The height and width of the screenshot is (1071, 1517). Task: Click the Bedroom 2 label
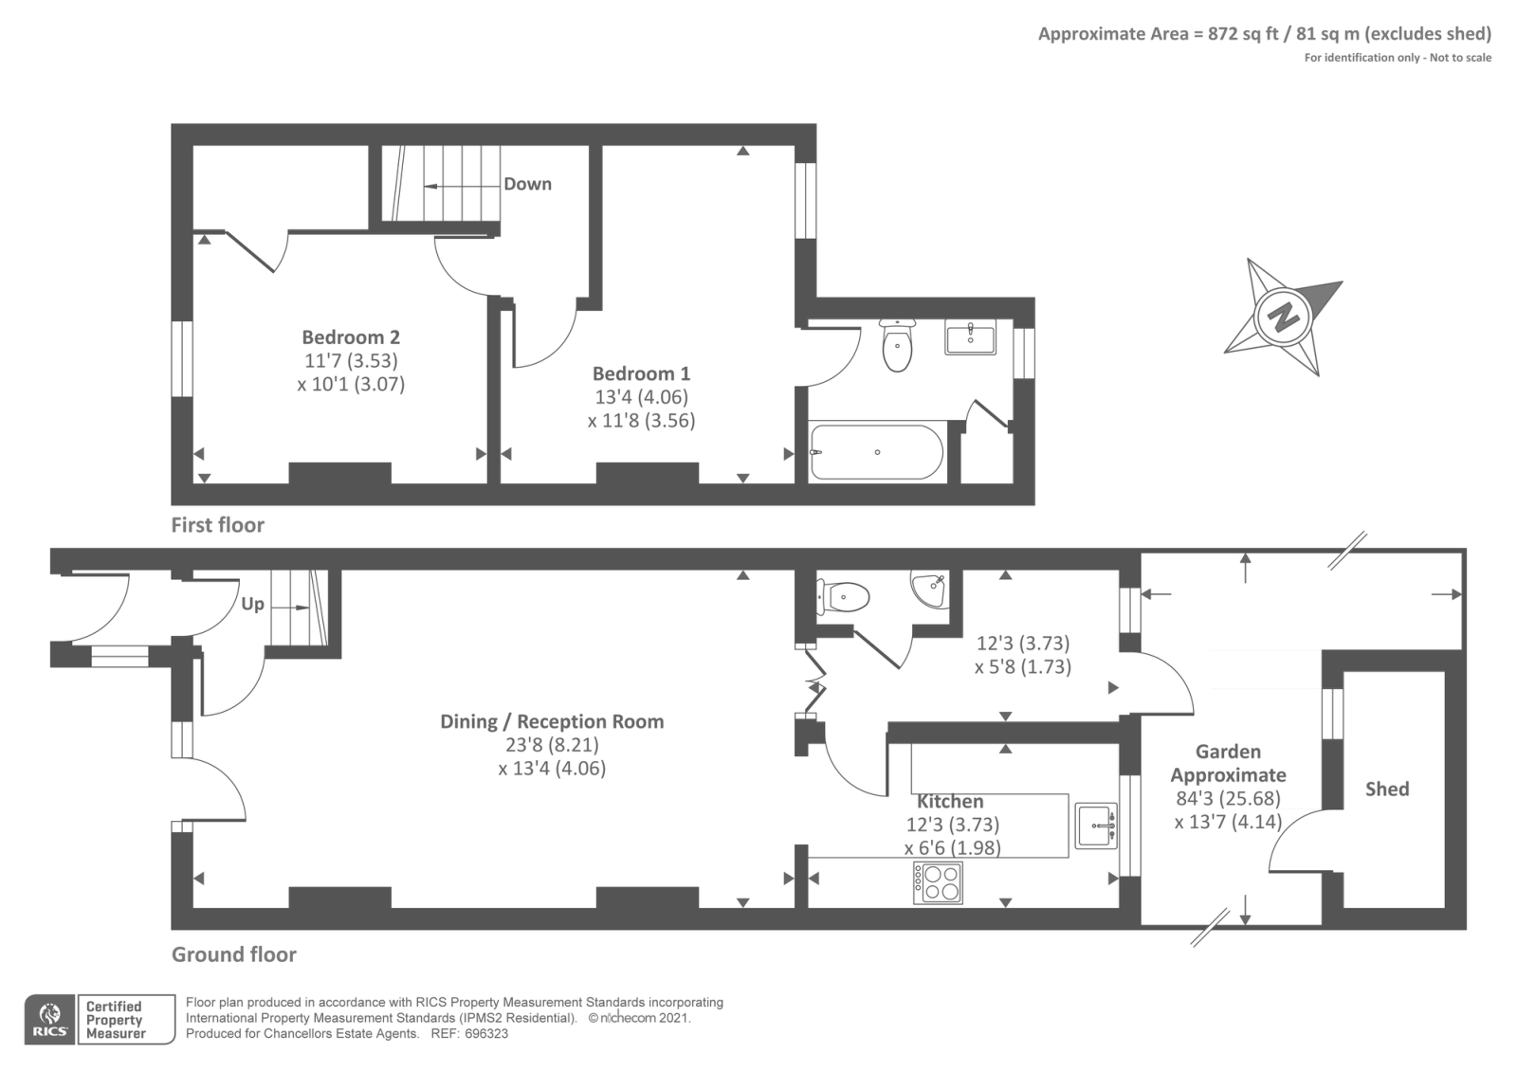(x=351, y=337)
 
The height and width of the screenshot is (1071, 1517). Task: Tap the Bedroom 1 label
(x=641, y=373)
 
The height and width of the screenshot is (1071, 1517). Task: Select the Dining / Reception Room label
(x=552, y=721)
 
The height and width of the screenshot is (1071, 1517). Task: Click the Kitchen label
(x=950, y=802)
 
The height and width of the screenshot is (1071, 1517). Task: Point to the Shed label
(x=1387, y=789)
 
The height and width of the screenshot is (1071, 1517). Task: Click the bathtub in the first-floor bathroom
(x=877, y=451)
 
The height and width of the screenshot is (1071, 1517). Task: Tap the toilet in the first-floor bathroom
(x=897, y=345)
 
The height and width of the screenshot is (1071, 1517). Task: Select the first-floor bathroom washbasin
(x=971, y=338)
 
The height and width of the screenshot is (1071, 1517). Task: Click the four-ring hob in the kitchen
(x=938, y=882)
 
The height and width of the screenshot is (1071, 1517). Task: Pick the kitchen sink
(x=1096, y=826)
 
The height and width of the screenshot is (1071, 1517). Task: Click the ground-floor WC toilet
(x=843, y=598)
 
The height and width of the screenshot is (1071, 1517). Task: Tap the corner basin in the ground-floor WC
(x=930, y=590)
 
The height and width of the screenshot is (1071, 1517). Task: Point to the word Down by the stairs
(x=527, y=184)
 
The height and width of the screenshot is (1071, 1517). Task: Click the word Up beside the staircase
(x=252, y=604)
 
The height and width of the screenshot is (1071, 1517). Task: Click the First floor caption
(x=217, y=525)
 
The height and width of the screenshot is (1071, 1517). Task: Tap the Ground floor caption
(x=233, y=954)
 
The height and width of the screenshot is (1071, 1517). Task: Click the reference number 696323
(x=486, y=1034)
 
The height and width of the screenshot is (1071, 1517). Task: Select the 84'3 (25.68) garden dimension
(x=1228, y=799)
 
